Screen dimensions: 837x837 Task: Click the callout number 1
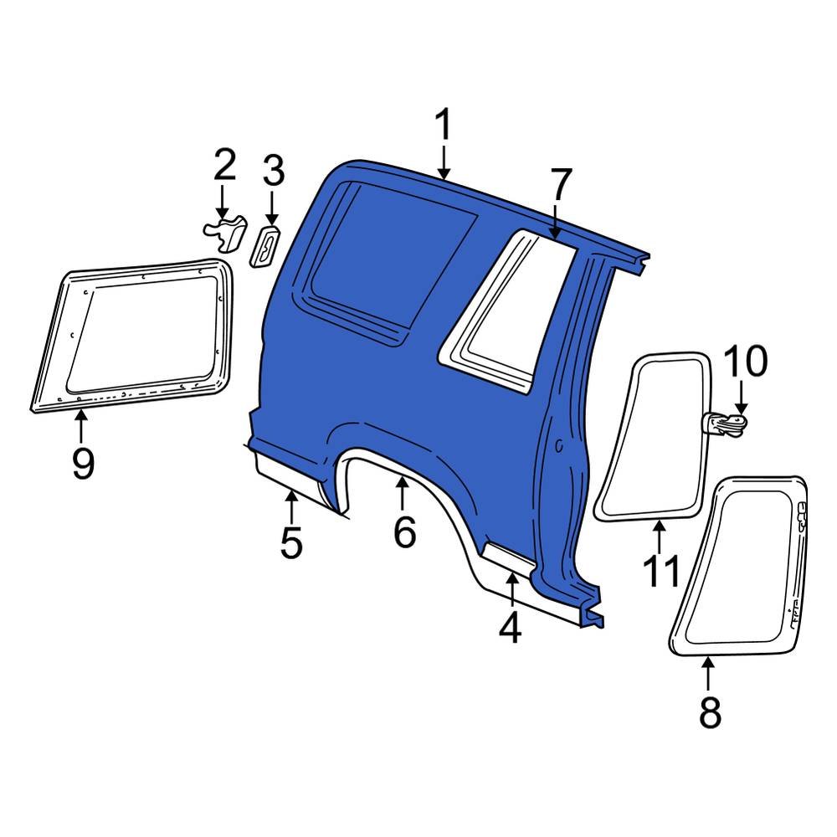(x=443, y=126)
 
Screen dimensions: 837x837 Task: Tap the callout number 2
(x=223, y=166)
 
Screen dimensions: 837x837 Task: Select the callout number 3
(x=273, y=172)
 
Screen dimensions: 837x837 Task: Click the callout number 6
(x=404, y=532)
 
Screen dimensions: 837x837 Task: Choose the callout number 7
(x=560, y=185)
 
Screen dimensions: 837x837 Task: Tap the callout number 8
(x=709, y=713)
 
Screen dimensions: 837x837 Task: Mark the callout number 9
(x=82, y=464)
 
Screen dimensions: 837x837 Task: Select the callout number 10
(x=744, y=362)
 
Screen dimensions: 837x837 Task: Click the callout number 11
(x=660, y=573)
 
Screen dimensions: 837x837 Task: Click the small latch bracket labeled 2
(x=225, y=234)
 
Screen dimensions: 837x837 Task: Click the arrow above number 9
(x=81, y=427)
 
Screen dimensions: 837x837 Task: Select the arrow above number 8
(x=708, y=674)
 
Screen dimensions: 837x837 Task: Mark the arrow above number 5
(x=291, y=507)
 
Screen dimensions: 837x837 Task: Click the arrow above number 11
(x=660, y=536)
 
